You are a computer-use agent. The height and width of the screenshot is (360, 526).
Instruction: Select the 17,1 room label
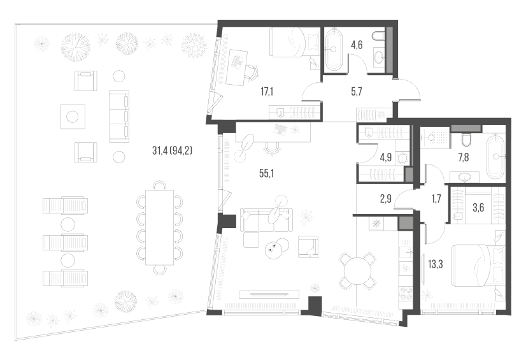point(267,91)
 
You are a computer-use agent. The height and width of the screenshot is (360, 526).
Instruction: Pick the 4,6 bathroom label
point(357,45)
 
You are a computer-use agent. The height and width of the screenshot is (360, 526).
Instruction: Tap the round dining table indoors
point(356,272)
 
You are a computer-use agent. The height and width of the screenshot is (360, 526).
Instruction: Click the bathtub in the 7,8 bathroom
point(495,155)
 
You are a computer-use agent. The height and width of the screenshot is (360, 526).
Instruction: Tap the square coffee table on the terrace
point(72,116)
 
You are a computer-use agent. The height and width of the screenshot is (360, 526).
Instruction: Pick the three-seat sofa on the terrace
point(119,115)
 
